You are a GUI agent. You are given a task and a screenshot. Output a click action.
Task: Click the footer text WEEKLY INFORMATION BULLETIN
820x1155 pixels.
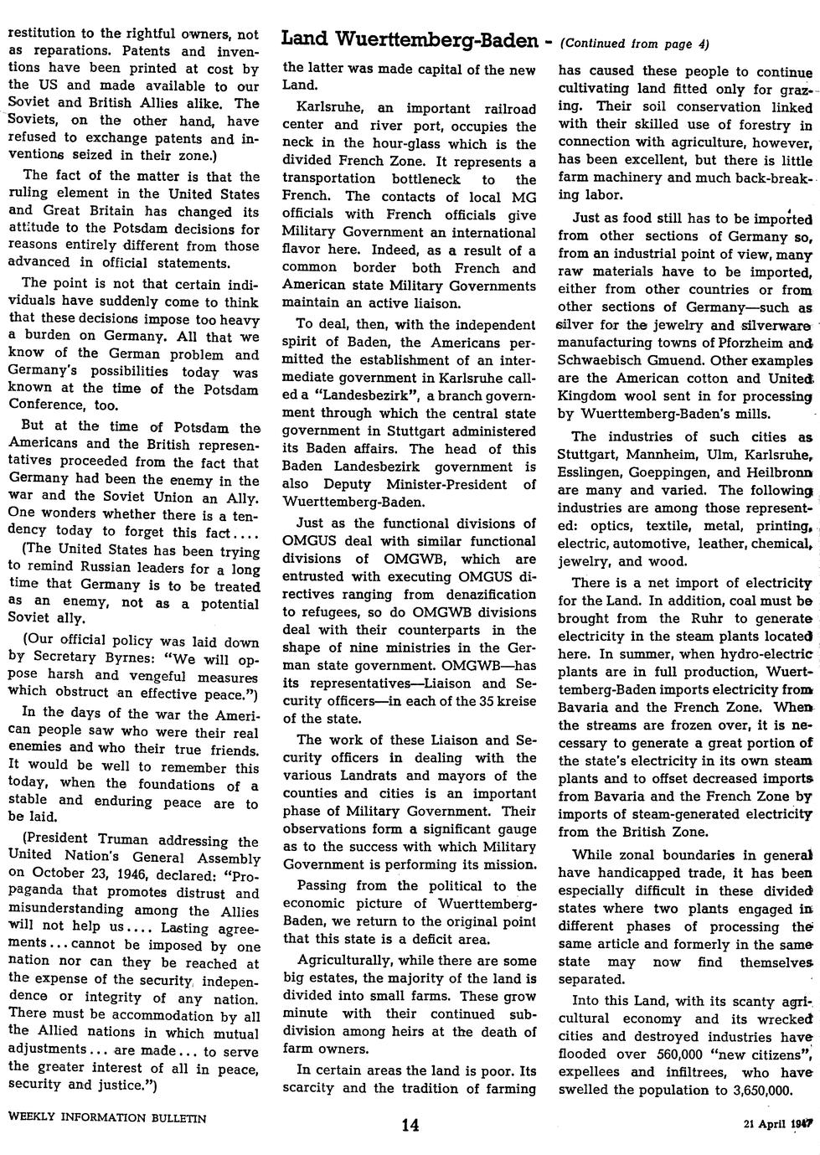pyautogui.click(x=106, y=1117)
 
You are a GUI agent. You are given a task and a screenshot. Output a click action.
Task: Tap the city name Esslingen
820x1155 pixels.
pyautogui.click(x=589, y=472)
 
